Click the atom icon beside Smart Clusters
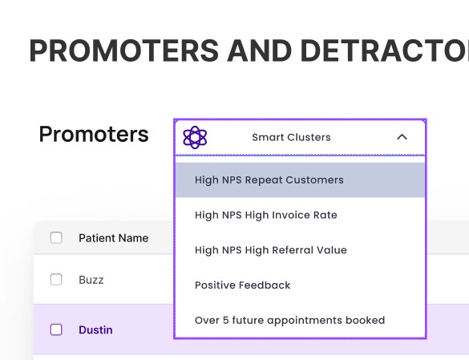[x=195, y=137]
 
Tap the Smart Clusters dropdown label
[x=291, y=137]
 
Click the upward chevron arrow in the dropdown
[x=402, y=137]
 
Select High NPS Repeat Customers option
[x=269, y=180]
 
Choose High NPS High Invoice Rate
[x=266, y=215]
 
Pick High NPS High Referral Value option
[x=271, y=250]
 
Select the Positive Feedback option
[x=243, y=285]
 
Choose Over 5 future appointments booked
[x=290, y=320]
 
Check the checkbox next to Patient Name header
[x=56, y=238]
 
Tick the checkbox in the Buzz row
[x=56, y=280]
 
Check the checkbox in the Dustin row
[x=56, y=330]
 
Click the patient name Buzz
[x=91, y=280]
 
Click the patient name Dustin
[x=95, y=330]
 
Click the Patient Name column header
[x=114, y=238]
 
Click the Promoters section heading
[x=94, y=134]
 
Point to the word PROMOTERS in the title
[x=124, y=51]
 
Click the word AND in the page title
[x=260, y=51]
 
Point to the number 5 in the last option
[x=226, y=320]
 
